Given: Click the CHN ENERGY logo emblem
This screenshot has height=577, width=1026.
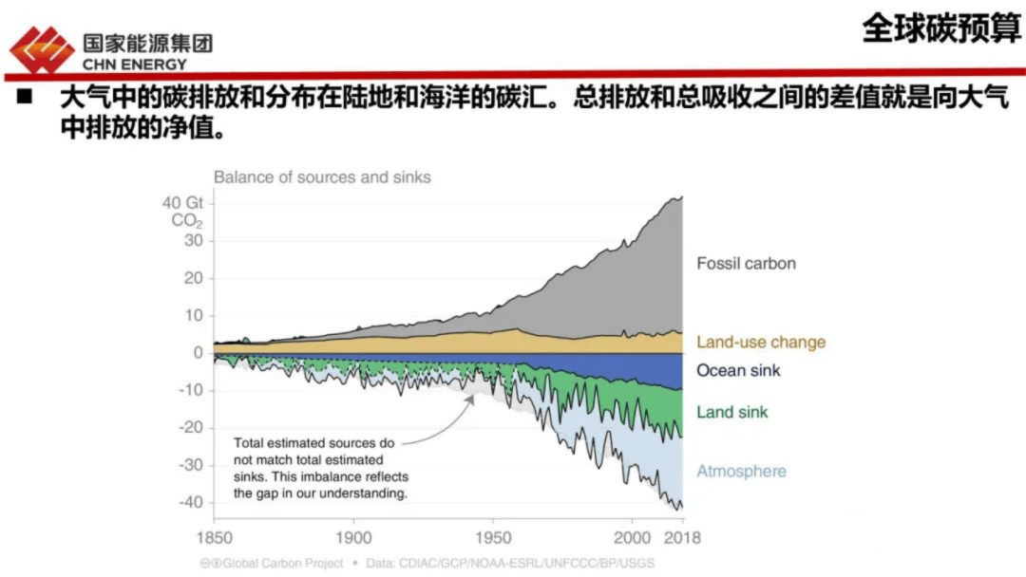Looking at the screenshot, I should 41,49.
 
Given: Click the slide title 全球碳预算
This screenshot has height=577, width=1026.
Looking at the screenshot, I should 940,28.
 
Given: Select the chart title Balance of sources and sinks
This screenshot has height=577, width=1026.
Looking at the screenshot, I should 321,177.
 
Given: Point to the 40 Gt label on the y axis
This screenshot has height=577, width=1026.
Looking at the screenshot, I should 182,202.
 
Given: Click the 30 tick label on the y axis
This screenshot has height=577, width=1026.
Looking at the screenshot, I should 194,240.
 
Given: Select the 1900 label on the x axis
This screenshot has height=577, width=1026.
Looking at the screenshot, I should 354,537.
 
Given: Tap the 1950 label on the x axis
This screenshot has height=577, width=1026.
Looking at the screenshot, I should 493,537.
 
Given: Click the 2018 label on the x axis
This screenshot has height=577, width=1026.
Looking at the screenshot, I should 680,537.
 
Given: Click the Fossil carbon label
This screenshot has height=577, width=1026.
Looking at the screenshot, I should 746,263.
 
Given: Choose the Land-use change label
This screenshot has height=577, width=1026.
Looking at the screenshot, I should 761,342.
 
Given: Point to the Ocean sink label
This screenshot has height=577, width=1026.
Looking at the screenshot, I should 738,370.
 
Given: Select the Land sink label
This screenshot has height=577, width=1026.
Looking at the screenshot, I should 732,412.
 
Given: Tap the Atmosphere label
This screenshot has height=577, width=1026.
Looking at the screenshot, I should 741,471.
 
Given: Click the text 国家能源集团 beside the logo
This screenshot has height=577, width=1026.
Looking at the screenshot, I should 147,43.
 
